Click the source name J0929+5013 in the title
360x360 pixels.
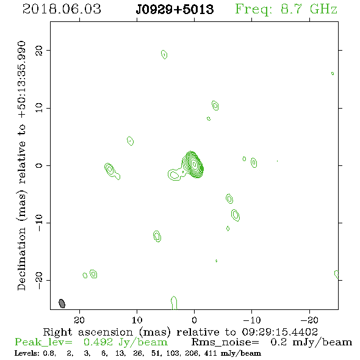pos(175,9)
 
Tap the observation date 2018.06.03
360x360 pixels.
pos(62,9)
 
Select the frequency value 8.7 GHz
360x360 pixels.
pos(309,9)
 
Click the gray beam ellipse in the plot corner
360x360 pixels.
pos(62,303)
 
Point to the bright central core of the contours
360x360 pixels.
pos(194,164)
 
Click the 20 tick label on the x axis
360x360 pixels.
pos(79,320)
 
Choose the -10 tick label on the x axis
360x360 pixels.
pos(251,320)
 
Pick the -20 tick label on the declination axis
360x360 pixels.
pos(39,280)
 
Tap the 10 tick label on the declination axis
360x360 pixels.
pos(39,108)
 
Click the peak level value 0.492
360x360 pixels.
pos(98,342)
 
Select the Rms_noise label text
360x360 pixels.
pos(225,342)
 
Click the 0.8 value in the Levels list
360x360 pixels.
pos(49,353)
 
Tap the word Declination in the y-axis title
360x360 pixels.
pos(22,259)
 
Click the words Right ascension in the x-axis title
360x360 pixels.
pos(88,332)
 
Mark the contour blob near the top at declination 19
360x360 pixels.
pos(164,55)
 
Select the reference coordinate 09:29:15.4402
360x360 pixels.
pos(280,332)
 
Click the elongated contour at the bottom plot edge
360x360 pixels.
pos(175,303)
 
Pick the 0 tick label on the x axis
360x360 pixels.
pos(194,320)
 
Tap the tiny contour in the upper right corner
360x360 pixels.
pos(333,73)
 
